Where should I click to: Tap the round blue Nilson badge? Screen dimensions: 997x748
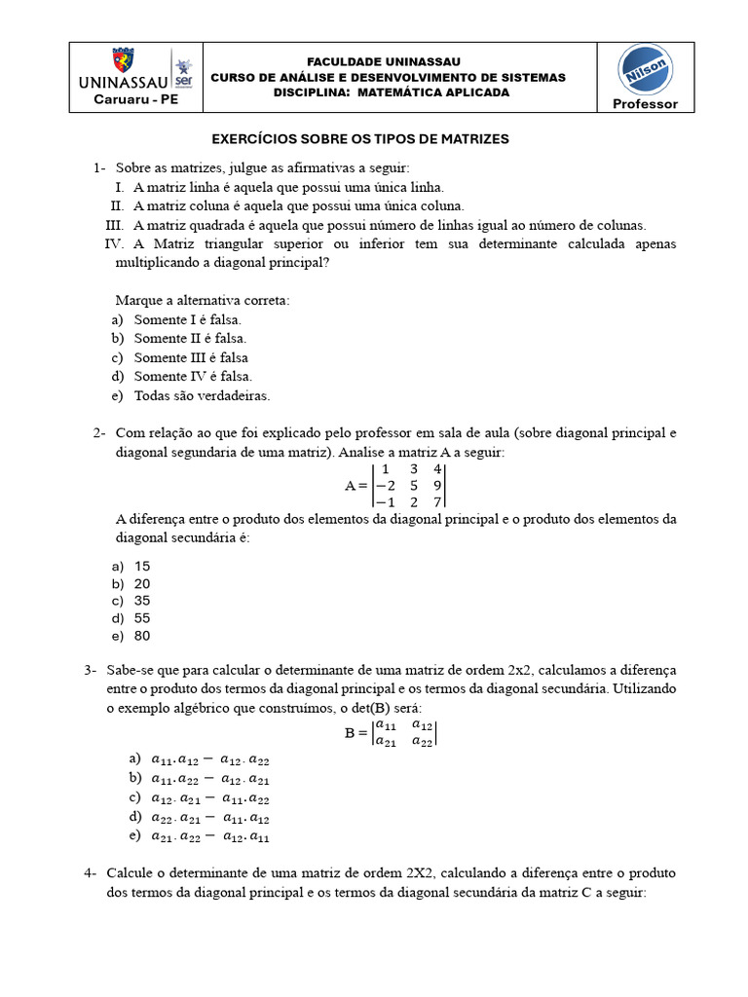[644, 70]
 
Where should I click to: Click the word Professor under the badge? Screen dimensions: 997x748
[644, 104]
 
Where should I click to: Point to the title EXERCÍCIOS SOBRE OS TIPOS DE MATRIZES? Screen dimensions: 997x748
[360, 139]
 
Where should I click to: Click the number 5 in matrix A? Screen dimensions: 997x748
[413, 485]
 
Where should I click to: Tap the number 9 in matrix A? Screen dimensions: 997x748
[438, 485]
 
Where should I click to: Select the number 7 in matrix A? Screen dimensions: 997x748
[438, 501]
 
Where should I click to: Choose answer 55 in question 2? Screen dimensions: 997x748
[142, 618]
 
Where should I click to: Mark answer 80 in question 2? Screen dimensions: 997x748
[142, 636]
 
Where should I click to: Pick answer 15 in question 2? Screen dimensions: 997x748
[142, 566]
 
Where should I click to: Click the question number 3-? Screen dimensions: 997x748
[91, 671]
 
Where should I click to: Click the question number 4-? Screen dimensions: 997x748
[91, 873]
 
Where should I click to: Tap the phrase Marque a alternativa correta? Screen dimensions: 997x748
[203, 300]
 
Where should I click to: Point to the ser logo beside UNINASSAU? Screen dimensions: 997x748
[182, 69]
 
